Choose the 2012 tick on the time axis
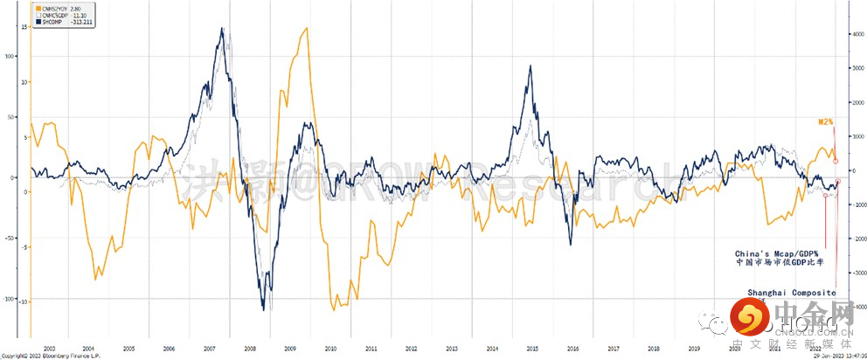pyautogui.click(x=412, y=347)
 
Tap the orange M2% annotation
pyautogui.click(x=825, y=124)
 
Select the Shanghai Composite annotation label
pyautogui.click(x=791, y=292)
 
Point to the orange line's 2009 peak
pyautogui.click(x=304, y=29)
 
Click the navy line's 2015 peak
pyautogui.click(x=531, y=66)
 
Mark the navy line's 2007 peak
pyautogui.click(x=222, y=29)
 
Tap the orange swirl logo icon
pyautogui.click(x=748, y=319)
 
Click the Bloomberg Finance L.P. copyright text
pyautogui.click(x=42, y=356)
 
